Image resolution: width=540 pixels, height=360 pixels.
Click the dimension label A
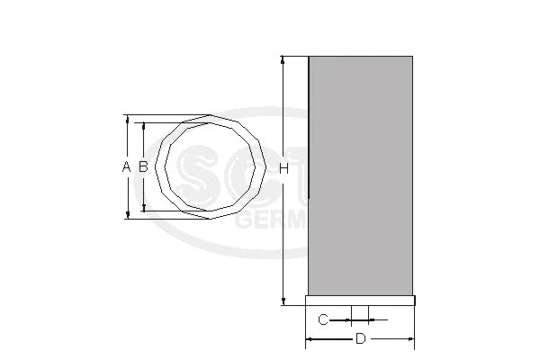pyautogui.click(x=127, y=166)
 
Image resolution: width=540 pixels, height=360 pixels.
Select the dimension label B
pyautogui.click(x=142, y=166)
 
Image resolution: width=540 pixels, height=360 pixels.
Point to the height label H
pyautogui.click(x=284, y=168)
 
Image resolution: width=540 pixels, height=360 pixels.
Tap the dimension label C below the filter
pyautogui.click(x=323, y=319)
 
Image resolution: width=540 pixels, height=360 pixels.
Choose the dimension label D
pyautogui.click(x=360, y=339)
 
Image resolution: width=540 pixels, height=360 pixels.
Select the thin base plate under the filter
pyautogui.click(x=360, y=301)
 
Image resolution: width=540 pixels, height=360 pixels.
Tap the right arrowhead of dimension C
pyautogui.click(x=373, y=319)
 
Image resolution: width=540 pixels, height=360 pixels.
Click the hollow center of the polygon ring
pyautogui.click(x=211, y=166)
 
